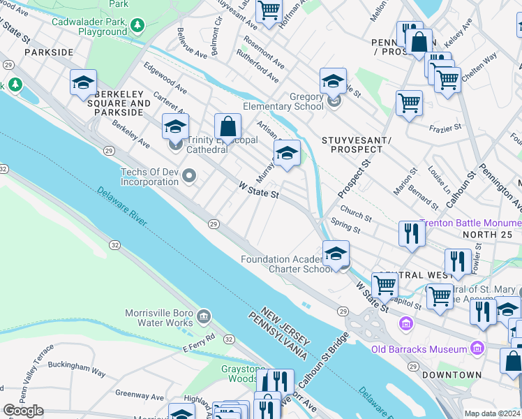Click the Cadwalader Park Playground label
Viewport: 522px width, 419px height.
coord(89,27)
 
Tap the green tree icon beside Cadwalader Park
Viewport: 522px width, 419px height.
coord(138,27)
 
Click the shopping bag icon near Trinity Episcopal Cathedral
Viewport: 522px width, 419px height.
coord(228,127)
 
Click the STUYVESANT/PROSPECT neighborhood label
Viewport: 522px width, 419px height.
coord(352,145)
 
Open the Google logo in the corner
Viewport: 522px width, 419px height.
coord(23,411)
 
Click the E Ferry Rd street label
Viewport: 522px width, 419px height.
coord(202,343)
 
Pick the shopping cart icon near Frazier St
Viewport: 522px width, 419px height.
coord(409,103)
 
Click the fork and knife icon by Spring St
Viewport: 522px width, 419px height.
coord(412,233)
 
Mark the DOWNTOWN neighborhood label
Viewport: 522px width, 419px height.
coord(456,375)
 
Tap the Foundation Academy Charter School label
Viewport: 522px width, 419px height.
coord(286,264)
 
